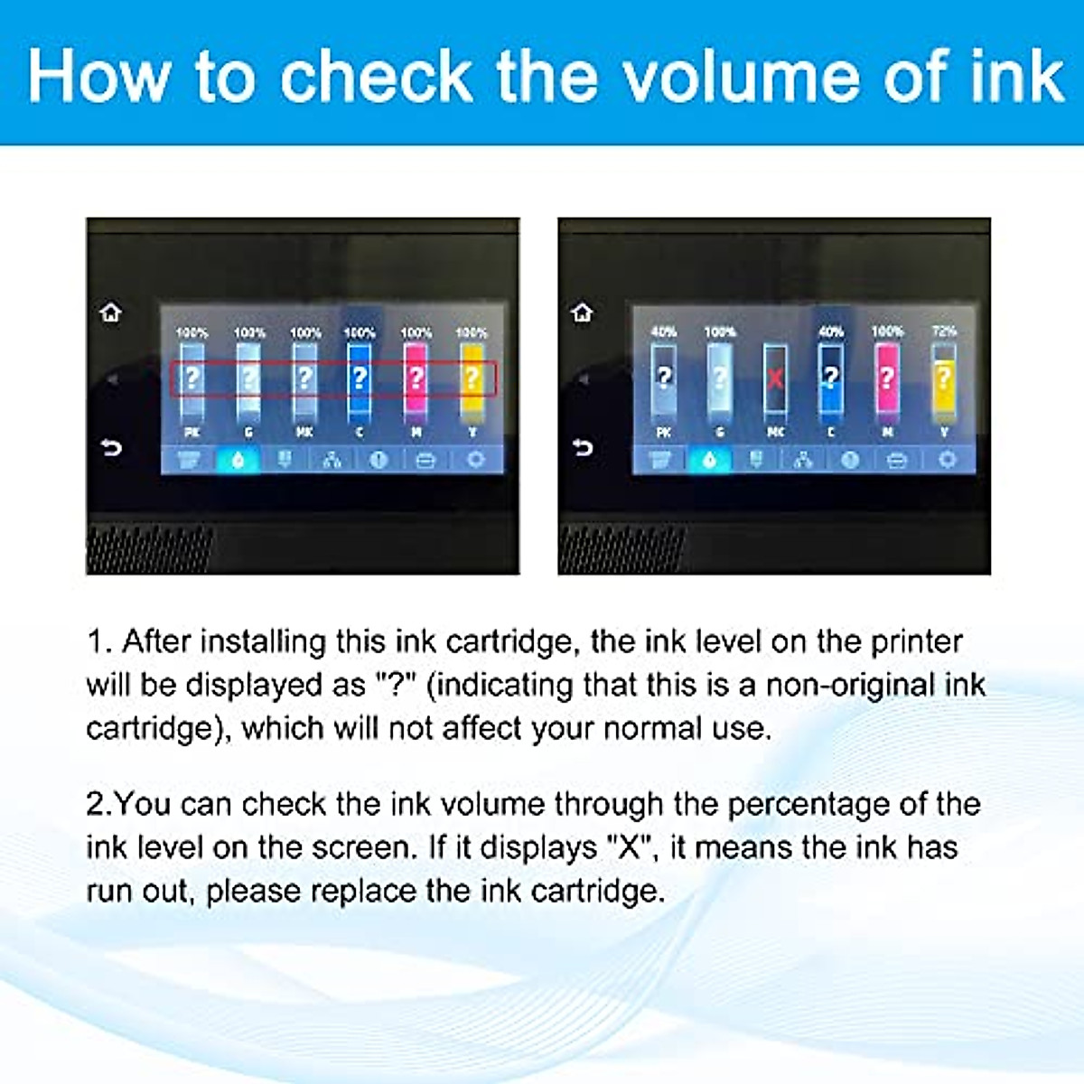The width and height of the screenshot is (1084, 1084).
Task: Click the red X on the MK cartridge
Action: point(775,377)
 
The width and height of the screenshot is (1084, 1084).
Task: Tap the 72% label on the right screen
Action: point(944,332)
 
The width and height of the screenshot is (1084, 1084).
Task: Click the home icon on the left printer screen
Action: point(111,313)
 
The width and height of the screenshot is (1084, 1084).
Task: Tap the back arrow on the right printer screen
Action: point(583,447)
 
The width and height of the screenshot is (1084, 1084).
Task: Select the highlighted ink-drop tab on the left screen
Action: point(238,460)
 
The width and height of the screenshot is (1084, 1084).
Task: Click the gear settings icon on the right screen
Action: point(946,460)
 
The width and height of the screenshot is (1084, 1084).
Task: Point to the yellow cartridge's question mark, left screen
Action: point(472,378)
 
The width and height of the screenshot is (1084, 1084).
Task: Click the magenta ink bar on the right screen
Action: point(887,379)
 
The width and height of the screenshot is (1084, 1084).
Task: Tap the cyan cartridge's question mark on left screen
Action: point(360,377)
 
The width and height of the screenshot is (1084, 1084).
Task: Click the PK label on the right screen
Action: point(664,433)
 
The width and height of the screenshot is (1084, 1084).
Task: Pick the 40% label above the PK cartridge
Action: point(664,332)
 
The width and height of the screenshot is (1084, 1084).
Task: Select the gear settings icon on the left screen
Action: point(475,460)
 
